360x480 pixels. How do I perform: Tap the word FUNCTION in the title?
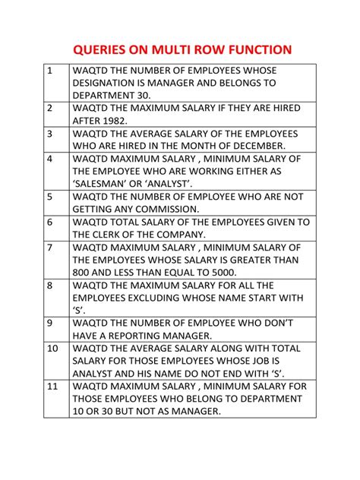coord(255,50)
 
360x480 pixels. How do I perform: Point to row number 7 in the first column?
coord(50,248)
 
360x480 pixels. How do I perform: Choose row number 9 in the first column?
coord(50,323)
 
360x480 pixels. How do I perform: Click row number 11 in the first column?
coord(52,387)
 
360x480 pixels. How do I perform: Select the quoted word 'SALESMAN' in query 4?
coord(103,184)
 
